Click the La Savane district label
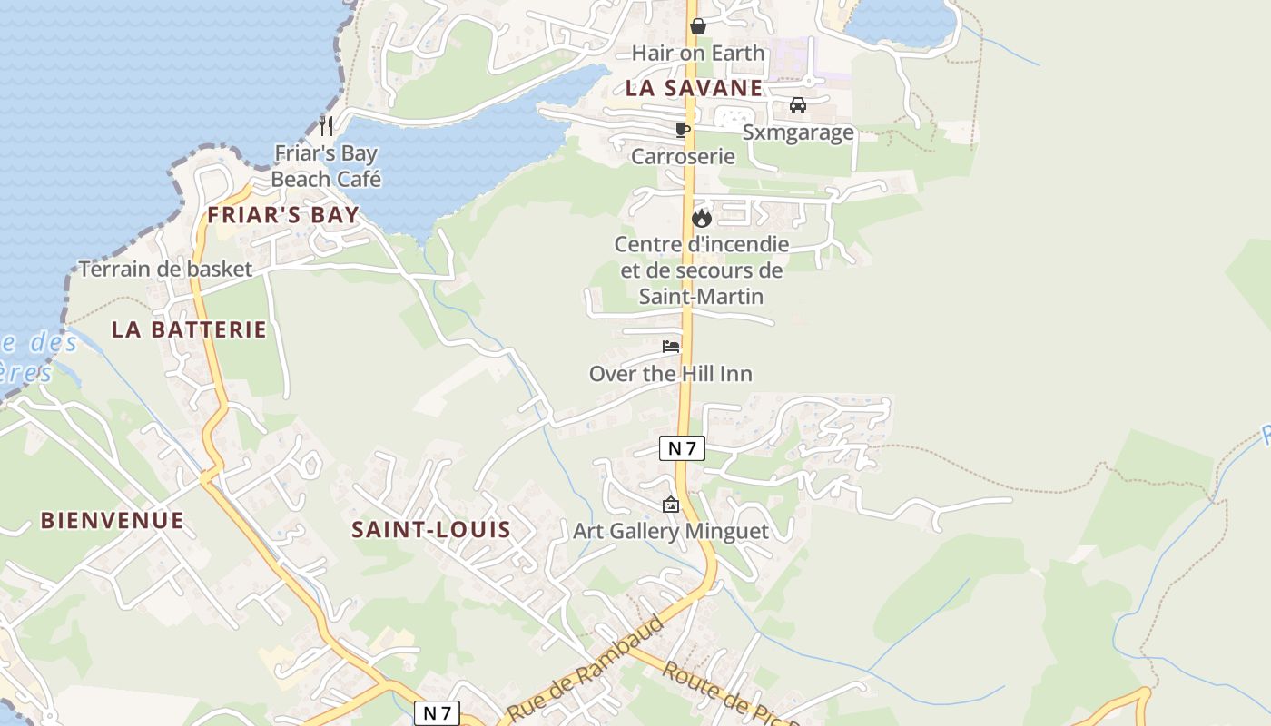point(694,88)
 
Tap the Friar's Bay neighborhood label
point(283,215)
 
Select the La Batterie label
point(189,329)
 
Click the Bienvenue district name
point(112,520)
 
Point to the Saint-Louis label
point(431,529)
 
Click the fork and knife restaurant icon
point(326,125)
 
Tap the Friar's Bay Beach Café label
point(325,166)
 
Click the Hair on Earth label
point(698,53)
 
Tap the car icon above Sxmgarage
point(798,105)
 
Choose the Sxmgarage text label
point(798,132)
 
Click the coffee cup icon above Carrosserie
point(683,130)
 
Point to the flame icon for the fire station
point(701,218)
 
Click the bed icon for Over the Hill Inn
point(671,347)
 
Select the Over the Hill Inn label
point(671,374)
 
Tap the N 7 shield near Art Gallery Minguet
point(682,447)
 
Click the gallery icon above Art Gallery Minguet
point(671,505)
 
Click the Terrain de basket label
point(165,269)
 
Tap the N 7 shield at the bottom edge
point(438,713)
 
